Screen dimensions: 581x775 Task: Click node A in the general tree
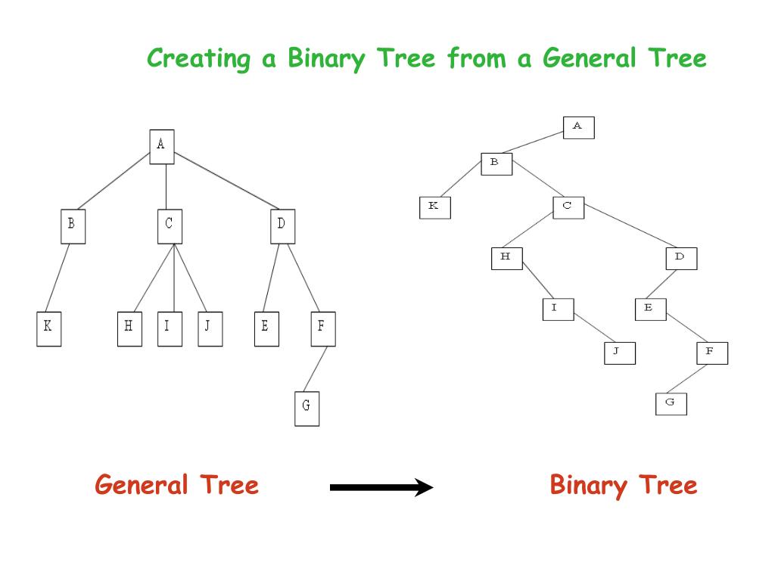(x=161, y=146)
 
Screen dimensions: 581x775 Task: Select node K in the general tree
(x=48, y=328)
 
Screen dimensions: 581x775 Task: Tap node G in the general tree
(x=307, y=408)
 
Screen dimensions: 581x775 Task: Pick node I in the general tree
(x=170, y=328)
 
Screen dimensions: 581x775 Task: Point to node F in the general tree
(x=322, y=328)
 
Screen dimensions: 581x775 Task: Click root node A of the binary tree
(x=578, y=127)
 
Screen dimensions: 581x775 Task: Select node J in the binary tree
(x=619, y=353)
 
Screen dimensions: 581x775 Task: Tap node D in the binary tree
(x=680, y=258)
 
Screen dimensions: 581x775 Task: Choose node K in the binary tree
(x=434, y=207)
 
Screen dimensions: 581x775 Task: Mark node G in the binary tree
(x=671, y=403)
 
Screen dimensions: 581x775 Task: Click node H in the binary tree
(x=506, y=258)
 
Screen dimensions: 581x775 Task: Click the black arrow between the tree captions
(x=381, y=488)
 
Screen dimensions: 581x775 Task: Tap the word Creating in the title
(x=198, y=58)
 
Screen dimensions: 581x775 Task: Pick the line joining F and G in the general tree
(x=316, y=370)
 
